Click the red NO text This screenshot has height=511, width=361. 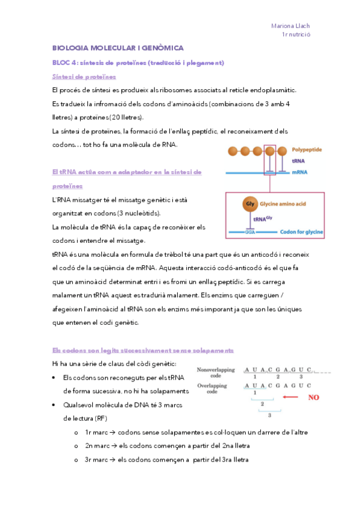pos(313,398)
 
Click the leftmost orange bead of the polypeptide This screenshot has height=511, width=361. pos(233,151)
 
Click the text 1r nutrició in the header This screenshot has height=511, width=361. pos(295,36)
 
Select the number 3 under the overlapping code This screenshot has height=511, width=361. pos(269,415)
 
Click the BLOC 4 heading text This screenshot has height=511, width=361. pos(138,63)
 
